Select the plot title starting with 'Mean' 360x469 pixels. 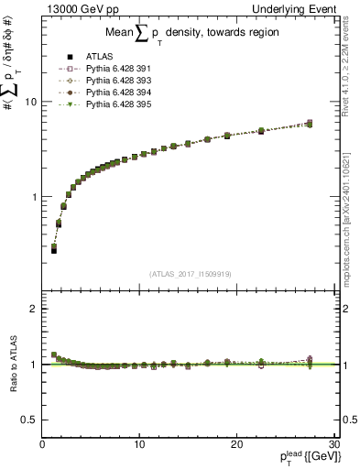[188, 36]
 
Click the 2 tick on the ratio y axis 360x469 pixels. [34, 309]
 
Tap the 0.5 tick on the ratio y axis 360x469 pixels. [30, 419]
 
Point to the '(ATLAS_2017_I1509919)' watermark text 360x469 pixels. [189, 273]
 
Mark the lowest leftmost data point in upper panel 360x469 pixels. [54, 249]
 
